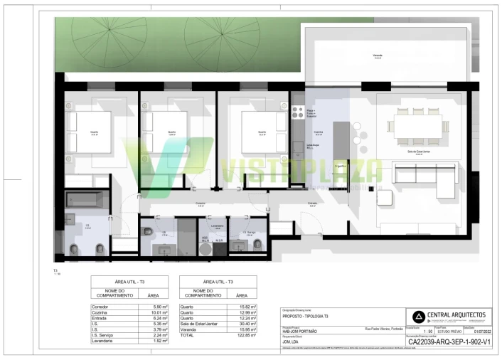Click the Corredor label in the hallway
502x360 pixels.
(201, 203)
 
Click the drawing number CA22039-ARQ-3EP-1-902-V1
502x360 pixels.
(449, 342)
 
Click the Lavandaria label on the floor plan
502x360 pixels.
(218, 226)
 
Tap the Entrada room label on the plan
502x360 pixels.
(312, 203)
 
